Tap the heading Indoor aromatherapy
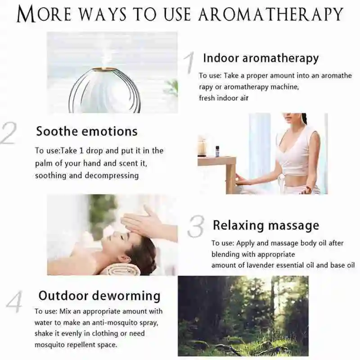point(261,58)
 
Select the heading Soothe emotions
point(86,131)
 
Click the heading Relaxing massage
point(265,225)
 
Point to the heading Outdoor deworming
point(99,296)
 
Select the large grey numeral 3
point(196,226)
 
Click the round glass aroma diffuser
point(104,90)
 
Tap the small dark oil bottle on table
point(217,151)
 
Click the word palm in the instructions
point(45,163)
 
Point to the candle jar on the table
point(202,147)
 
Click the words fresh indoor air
point(224,98)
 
